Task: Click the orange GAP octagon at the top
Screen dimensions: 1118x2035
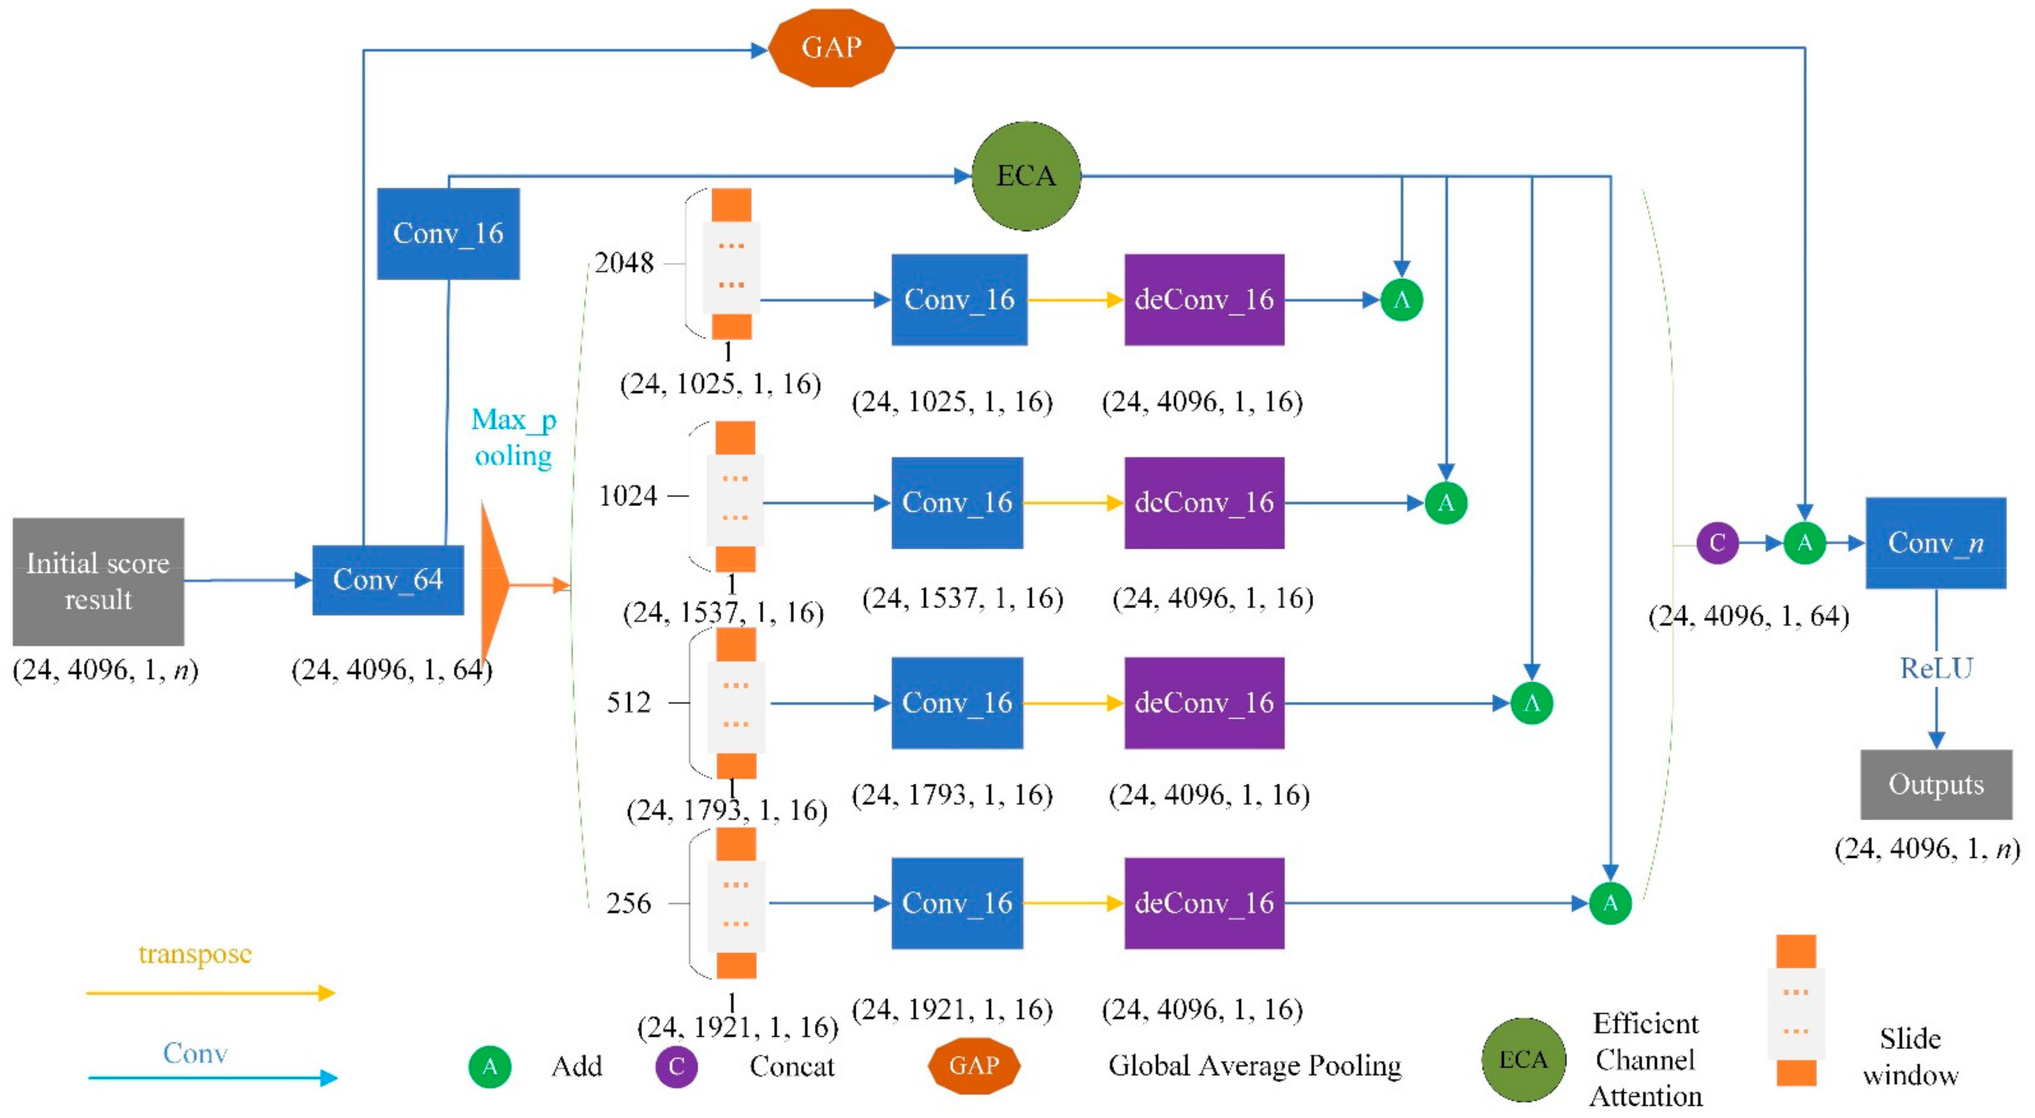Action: [x=831, y=47]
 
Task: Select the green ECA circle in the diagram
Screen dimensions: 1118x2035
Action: [x=1025, y=176]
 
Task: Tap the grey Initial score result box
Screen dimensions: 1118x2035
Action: [x=98, y=581]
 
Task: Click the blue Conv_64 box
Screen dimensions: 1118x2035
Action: [x=388, y=580]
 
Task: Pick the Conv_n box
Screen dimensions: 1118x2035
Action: [x=1935, y=543]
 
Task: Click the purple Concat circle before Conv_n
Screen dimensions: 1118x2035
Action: [x=1717, y=543]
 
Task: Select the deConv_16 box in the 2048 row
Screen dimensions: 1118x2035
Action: [x=1204, y=300]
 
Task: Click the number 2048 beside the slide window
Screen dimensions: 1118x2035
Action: [x=624, y=262]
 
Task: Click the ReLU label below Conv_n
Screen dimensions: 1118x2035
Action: [x=1935, y=669]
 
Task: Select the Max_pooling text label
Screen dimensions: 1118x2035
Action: [x=513, y=437]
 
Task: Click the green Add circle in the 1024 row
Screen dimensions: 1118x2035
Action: [x=1446, y=502]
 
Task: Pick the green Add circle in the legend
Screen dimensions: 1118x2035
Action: [x=490, y=1066]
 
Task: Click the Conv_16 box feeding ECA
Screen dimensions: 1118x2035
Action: [x=448, y=233]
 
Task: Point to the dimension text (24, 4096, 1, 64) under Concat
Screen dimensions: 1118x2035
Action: [x=1748, y=616]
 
